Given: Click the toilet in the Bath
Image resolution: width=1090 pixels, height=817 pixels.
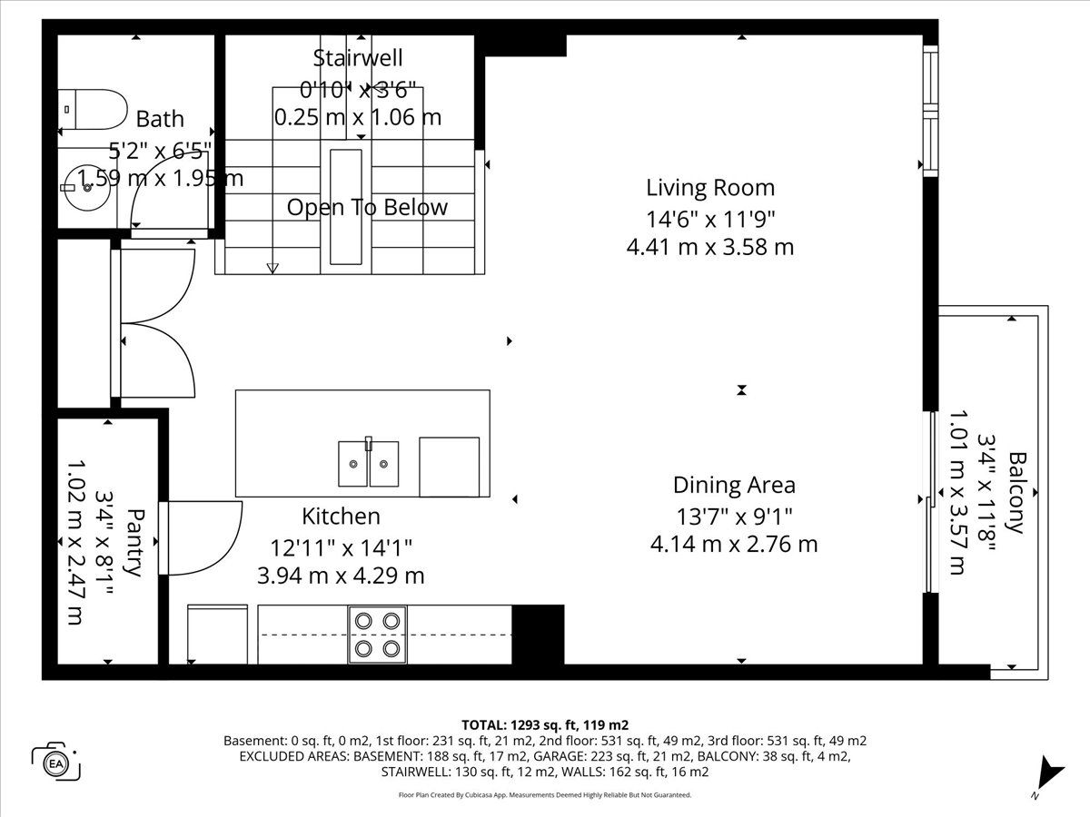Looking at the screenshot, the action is click(x=93, y=110).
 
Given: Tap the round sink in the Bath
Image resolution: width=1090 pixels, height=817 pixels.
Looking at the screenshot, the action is click(x=87, y=188).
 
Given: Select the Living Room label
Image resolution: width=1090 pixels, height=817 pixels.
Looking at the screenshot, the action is click(x=710, y=188).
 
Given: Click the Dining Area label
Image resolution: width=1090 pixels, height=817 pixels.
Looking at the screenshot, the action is click(x=734, y=485).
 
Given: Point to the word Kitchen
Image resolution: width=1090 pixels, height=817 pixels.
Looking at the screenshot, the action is click(x=341, y=516).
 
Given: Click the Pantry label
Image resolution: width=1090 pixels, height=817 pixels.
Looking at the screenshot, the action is click(x=135, y=542).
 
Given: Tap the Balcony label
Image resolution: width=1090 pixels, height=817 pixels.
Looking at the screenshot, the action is click(x=1017, y=493).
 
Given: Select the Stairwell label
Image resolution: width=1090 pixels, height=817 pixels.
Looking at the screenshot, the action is click(x=358, y=57).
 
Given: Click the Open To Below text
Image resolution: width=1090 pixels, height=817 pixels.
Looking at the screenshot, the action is click(x=367, y=207).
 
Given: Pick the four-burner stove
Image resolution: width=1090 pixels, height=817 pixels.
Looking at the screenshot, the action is click(x=377, y=635).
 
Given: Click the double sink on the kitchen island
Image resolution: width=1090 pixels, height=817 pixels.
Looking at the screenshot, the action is click(x=368, y=463).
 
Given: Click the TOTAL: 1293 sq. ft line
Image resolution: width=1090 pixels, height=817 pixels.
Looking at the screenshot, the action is click(x=545, y=725).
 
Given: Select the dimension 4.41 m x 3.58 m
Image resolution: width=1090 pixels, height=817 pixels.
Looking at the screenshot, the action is click(x=710, y=247).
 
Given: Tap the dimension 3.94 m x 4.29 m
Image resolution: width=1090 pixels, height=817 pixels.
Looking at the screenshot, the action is click(x=341, y=576).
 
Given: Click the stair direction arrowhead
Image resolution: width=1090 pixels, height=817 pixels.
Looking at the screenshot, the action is click(x=272, y=269).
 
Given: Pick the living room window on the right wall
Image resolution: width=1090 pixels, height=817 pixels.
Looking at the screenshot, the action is click(x=931, y=111).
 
